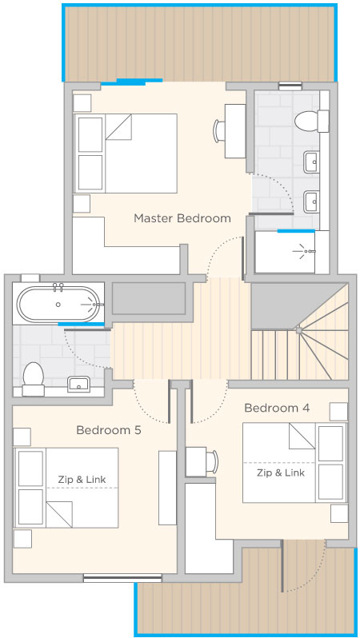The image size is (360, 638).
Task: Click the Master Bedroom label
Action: coord(182,218)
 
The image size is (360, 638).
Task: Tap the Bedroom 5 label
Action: coord(109,430)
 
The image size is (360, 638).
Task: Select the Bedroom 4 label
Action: coord(277,408)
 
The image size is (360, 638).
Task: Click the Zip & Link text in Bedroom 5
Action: coord(82,480)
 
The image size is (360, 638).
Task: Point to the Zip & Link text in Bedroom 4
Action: coord(281,473)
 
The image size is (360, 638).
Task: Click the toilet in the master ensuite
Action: coord(311,121)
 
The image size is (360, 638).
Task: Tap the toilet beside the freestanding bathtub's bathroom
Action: coord(33,379)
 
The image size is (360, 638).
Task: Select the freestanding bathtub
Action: coord(58,304)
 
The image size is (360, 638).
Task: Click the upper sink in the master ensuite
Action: coord(311,161)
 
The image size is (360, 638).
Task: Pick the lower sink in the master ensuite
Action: coord(311,202)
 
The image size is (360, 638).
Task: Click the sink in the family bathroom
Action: coord(79,384)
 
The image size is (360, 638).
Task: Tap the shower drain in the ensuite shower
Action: coord(306,252)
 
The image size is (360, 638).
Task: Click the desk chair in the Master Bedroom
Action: coord(218,131)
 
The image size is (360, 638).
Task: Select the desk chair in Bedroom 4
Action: coord(213,462)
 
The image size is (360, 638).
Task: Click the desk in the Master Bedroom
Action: coord(235,131)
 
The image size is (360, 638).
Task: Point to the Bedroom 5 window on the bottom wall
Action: coord(122,578)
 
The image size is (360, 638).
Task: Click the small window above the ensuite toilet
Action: coord(290,86)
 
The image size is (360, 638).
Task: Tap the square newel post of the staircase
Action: coord(299,331)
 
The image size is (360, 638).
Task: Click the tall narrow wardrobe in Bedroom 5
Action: coord(167,488)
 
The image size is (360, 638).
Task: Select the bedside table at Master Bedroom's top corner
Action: coord(82,103)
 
